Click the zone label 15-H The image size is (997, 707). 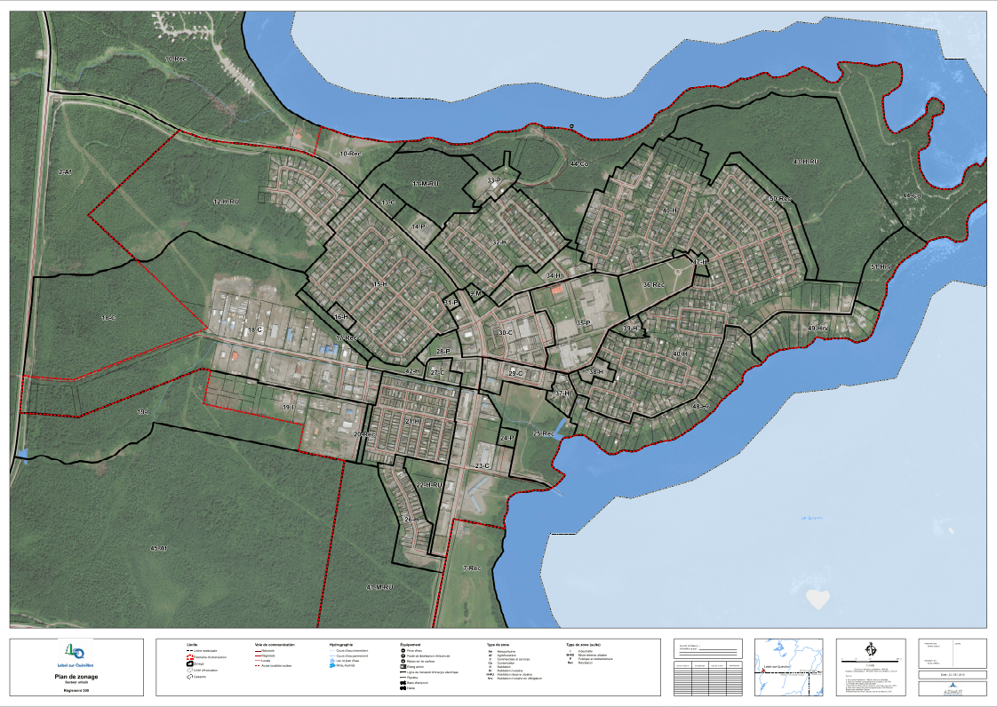[x=380, y=284]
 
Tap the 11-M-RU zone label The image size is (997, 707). [x=425, y=183]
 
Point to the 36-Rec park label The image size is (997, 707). [x=653, y=285]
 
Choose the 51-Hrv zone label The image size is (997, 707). [x=881, y=266]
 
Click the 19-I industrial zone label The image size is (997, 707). [x=288, y=407]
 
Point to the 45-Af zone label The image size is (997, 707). [x=158, y=548]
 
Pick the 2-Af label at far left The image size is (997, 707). [x=64, y=171]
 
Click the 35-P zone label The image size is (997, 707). [x=584, y=322]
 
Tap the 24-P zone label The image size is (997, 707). [x=507, y=438]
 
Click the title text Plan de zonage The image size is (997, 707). [x=77, y=676]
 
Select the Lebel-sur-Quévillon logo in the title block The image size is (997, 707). [x=76, y=651]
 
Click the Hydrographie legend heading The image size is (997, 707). [x=341, y=644]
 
